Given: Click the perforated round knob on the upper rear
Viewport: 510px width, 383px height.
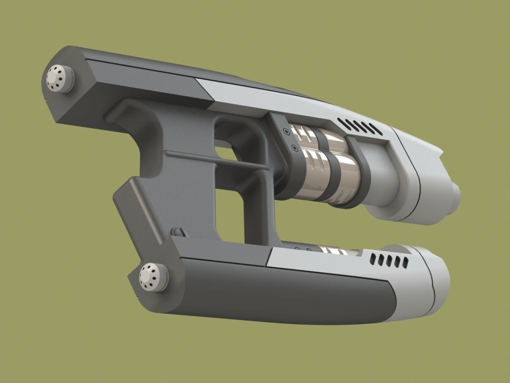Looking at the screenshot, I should tap(59, 78).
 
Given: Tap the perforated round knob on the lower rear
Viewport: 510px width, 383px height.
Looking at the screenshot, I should tap(150, 275).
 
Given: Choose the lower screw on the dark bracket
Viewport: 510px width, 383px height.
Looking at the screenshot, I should tap(293, 148).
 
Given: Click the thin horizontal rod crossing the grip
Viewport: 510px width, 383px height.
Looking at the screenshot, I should tap(214, 160).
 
